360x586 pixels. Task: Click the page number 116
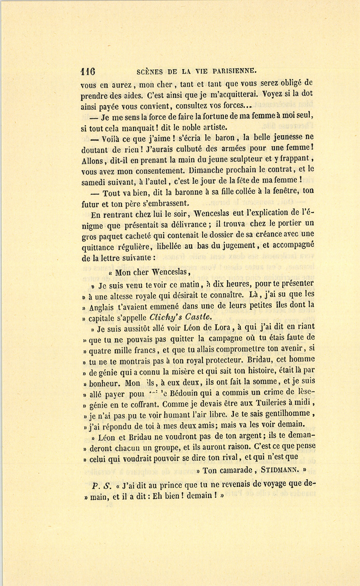coord(88,72)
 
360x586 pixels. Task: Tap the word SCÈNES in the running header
coord(150,72)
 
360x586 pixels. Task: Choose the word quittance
coord(98,247)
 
